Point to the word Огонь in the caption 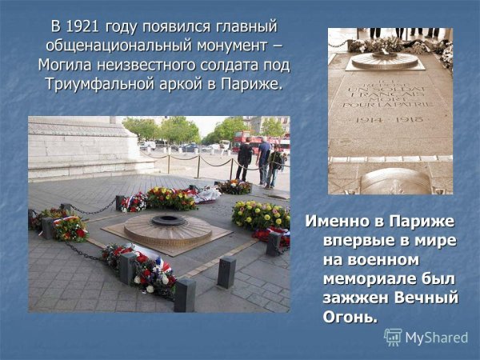pyautogui.click(x=350, y=318)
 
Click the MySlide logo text pyautogui.click(x=436, y=337)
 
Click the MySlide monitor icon pyautogui.click(x=393, y=337)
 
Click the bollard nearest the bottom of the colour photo pyautogui.click(x=185, y=294)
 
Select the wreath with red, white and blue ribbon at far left pyautogui.click(x=68, y=226)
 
